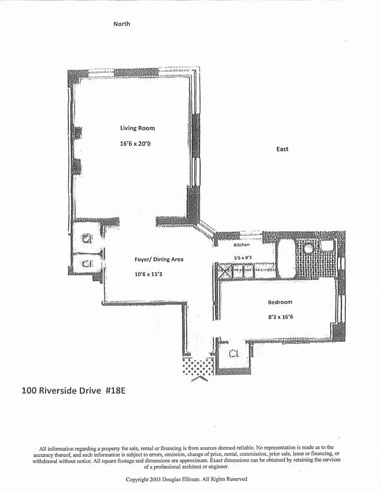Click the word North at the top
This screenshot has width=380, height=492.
[x=122, y=24]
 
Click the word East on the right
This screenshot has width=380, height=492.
[x=282, y=149]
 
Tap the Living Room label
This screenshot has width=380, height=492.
[x=137, y=129]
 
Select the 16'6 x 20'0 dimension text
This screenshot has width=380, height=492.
[x=136, y=144]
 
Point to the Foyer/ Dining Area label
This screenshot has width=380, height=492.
[x=158, y=260]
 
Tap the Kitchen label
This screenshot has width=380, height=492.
[x=242, y=244]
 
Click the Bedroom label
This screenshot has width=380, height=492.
[x=279, y=302]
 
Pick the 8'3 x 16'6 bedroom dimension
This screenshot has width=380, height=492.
[x=280, y=319]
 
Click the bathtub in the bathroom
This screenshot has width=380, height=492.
[x=286, y=258]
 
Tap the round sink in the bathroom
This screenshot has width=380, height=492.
[x=308, y=248]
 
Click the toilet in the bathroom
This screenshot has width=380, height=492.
[x=327, y=245]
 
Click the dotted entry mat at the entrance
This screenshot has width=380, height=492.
[x=199, y=367]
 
